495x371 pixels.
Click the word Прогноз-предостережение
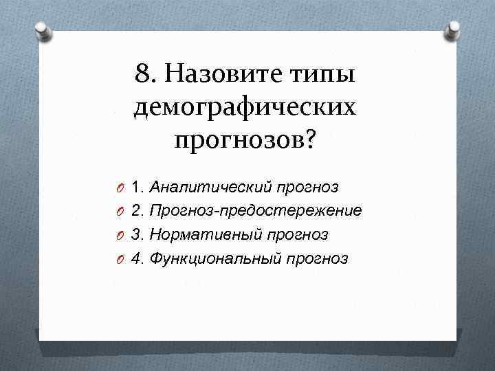coord(256,211)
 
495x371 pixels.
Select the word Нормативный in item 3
coord(204,235)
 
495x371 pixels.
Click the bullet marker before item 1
coord(120,188)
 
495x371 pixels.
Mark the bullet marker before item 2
coord(120,212)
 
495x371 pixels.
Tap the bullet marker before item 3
coord(120,236)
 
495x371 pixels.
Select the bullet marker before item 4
coord(120,260)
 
